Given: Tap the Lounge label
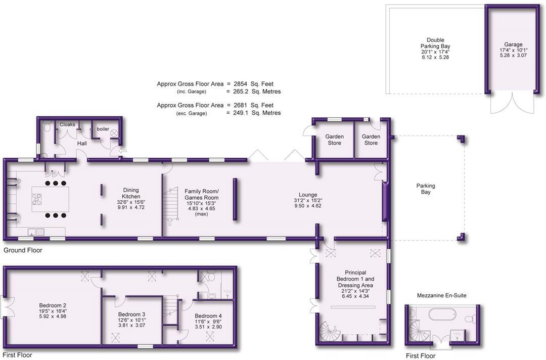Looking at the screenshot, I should [308, 195].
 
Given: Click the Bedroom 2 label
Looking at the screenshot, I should [53, 305].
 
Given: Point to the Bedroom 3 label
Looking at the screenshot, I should [131, 314].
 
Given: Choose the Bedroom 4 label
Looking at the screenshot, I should [208, 316].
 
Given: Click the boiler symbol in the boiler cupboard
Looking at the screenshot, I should [114, 133].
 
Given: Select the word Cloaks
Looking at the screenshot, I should [67, 124].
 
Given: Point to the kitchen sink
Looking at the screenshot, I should [36, 232].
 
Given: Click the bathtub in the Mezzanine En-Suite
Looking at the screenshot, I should [443, 317].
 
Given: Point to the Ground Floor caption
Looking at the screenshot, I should [23, 250].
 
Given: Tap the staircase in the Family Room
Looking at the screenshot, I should [171, 205].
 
